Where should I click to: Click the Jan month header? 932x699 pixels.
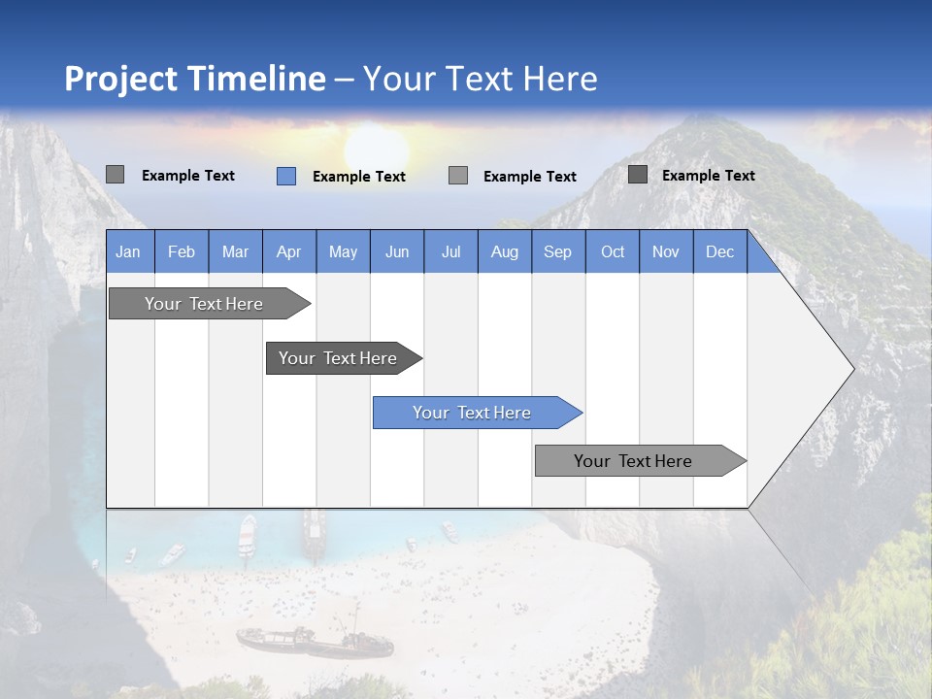[129, 251]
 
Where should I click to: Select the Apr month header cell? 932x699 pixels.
[289, 251]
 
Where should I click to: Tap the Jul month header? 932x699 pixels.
[451, 251]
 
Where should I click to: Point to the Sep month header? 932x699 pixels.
[558, 251]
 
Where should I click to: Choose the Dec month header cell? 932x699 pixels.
[720, 251]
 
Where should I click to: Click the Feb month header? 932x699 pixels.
[182, 251]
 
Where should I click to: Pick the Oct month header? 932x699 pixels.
[613, 251]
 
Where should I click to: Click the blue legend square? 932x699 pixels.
[285, 176]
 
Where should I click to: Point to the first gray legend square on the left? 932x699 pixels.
[115, 175]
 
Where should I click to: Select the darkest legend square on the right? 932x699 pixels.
[637, 175]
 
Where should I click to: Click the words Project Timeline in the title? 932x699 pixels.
[195, 79]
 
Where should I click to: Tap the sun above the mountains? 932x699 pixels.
[376, 146]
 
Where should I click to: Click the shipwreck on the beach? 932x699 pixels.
[313, 641]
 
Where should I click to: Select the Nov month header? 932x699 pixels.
[666, 251]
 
